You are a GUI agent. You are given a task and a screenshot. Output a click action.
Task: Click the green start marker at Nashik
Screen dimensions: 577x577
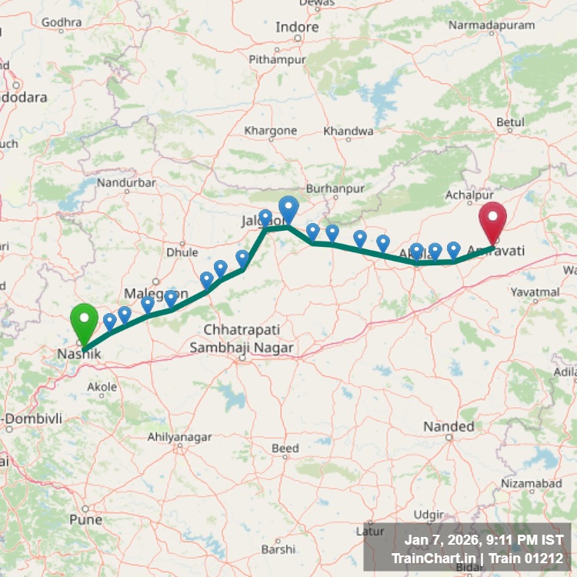pyautogui.click(x=84, y=322)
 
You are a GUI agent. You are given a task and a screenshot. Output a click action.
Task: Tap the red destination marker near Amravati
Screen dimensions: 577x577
pyautogui.click(x=492, y=218)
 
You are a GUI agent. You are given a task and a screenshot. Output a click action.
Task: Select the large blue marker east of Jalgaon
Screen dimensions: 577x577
pyautogui.click(x=288, y=209)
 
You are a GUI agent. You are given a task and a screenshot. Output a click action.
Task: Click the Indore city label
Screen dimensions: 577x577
pyautogui.click(x=297, y=27)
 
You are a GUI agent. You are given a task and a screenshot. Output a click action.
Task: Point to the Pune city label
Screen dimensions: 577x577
pyautogui.click(x=85, y=519)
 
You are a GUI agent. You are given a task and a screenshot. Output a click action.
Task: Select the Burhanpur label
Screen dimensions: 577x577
pyautogui.click(x=333, y=188)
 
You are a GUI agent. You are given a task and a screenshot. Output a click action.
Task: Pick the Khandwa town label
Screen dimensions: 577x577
pyautogui.click(x=348, y=132)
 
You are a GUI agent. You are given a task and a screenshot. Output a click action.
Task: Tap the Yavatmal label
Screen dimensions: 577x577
pyautogui.click(x=535, y=292)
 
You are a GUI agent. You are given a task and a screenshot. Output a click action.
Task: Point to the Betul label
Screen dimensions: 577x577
pyautogui.click(x=511, y=122)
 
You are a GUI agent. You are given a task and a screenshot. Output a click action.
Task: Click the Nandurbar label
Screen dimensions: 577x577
pyautogui.click(x=127, y=182)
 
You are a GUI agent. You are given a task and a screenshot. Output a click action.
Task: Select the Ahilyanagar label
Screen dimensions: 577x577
pyautogui.click(x=179, y=437)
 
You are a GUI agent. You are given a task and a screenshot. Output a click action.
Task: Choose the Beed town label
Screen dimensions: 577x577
pyautogui.click(x=285, y=448)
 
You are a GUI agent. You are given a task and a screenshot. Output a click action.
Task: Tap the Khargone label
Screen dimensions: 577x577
pyautogui.click(x=270, y=131)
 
